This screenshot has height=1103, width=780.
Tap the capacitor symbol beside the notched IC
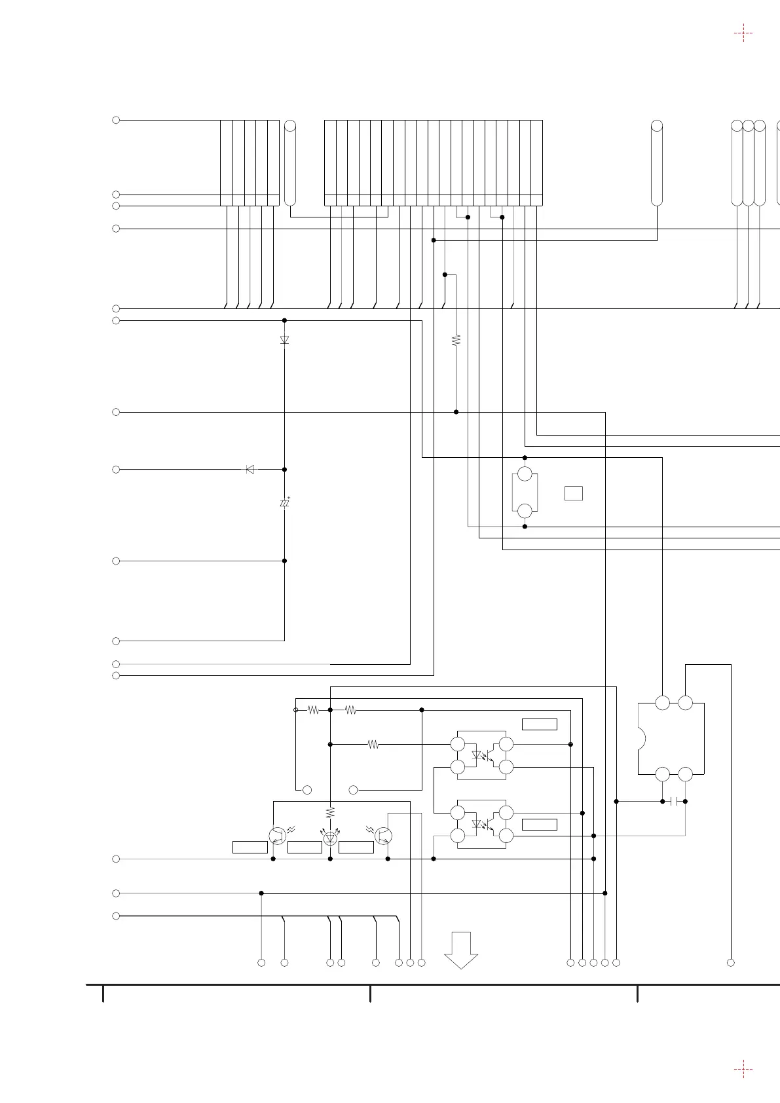click(674, 801)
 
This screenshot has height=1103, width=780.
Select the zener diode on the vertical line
click(284, 503)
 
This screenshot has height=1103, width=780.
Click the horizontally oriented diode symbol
click(250, 469)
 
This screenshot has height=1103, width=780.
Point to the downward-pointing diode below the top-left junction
click(284, 340)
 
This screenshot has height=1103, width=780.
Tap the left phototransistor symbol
click(278, 836)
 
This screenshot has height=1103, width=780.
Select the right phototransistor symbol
click(383, 836)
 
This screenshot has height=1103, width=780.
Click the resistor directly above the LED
click(330, 812)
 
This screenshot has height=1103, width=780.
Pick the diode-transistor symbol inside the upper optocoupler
click(482, 756)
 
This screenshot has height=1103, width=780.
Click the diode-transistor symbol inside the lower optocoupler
click(482, 824)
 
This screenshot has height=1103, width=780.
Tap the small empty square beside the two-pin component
click(574, 493)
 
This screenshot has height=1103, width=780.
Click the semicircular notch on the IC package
click(642, 739)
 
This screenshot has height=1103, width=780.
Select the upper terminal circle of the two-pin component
click(525, 474)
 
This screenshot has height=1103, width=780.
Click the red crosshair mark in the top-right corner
click(743, 33)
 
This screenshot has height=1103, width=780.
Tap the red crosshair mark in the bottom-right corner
click(743, 1069)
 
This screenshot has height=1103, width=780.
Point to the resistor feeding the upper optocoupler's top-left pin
click(373, 744)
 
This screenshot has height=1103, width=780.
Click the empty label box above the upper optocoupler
click(539, 724)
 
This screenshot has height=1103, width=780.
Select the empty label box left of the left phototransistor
click(250, 848)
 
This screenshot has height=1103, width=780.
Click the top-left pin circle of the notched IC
click(663, 703)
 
